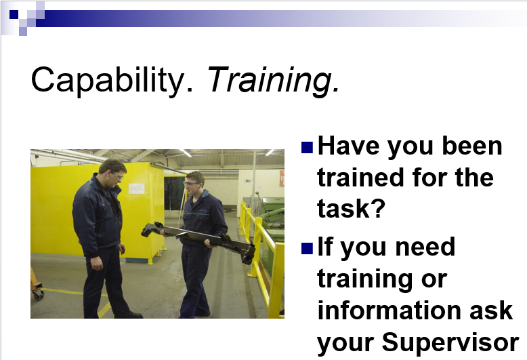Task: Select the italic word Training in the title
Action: pyautogui.click(x=273, y=80)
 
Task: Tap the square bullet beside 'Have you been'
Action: pyautogui.click(x=308, y=147)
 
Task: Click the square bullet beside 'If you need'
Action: pyautogui.click(x=308, y=248)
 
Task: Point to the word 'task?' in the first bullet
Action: pyautogui.click(x=351, y=208)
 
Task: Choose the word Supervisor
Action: pyautogui.click(x=450, y=342)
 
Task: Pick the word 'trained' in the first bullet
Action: pyautogui.click(x=360, y=178)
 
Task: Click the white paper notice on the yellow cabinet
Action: pyautogui.click(x=136, y=188)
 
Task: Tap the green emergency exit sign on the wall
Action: pyautogui.click(x=248, y=180)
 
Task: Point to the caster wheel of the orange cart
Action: pyautogui.click(x=39, y=295)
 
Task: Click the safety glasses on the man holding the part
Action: pyautogui.click(x=192, y=184)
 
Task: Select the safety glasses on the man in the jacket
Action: pyautogui.click(x=119, y=176)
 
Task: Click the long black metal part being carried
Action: pyautogui.click(x=198, y=240)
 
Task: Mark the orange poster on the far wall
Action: pyautogui.click(x=282, y=178)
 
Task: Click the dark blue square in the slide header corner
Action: pyautogui.click(x=14, y=14)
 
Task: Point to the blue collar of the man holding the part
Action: pyautogui.click(x=202, y=195)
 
